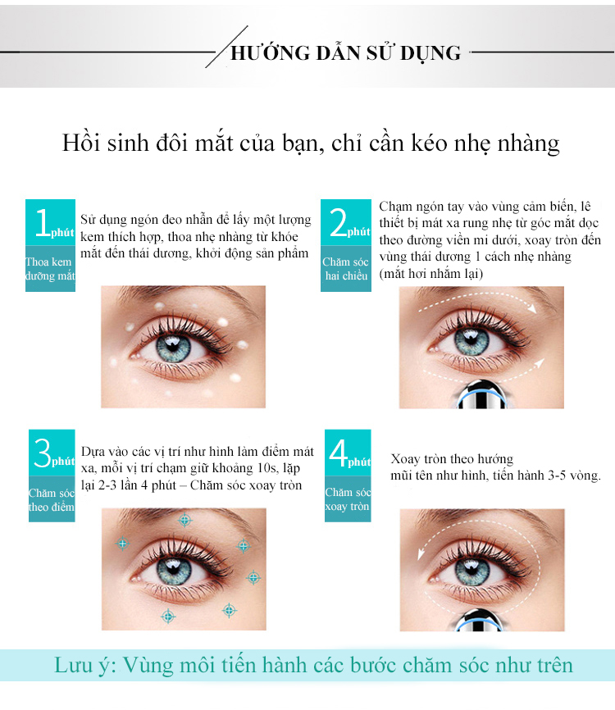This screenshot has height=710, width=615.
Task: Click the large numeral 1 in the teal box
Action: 43,222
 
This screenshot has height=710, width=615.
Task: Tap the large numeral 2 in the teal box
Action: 339,222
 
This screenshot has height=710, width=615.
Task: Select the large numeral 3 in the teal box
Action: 43,453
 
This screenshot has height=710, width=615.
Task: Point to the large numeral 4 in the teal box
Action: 339,453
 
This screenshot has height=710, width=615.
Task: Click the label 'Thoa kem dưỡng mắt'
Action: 50,269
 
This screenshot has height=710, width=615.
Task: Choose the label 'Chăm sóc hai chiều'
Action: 345,269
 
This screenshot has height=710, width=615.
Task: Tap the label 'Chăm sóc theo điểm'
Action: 51,499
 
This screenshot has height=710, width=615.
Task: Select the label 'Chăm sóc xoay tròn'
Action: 348,499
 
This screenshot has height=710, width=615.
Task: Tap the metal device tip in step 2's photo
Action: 481,395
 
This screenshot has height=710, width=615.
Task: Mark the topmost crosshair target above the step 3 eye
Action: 184,520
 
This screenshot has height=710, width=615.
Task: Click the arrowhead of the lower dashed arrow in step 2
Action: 539,362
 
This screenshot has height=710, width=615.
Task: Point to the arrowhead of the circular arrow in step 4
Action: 421,553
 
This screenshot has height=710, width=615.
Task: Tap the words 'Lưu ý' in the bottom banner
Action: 85,666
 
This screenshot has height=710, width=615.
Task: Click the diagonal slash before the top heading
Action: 226,47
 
